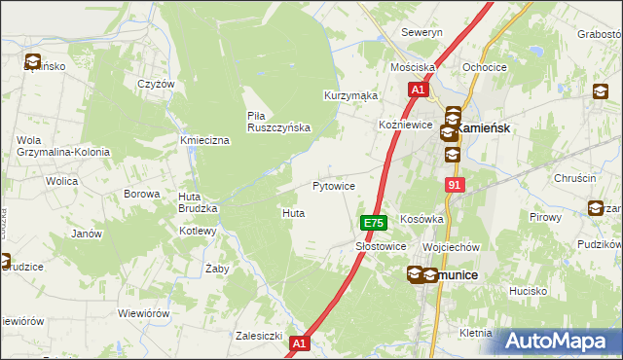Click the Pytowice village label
(333, 185)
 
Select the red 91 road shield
(456, 185)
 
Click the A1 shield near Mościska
(418, 90)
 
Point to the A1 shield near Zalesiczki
(300, 342)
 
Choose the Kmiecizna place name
(204, 141)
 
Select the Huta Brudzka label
(196, 202)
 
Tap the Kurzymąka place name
(350, 96)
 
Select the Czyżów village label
(156, 84)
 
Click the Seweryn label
(422, 32)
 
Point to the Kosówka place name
(421, 219)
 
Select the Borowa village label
(141, 194)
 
